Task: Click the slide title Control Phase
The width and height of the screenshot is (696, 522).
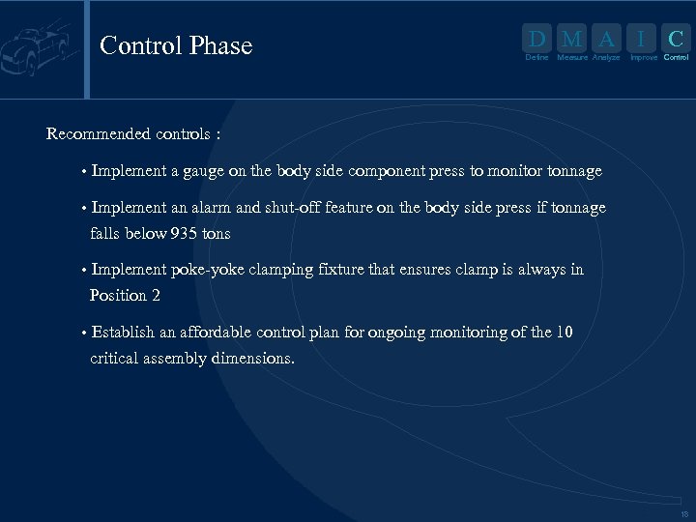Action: coord(176,45)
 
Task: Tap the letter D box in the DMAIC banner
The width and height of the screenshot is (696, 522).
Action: coord(536,40)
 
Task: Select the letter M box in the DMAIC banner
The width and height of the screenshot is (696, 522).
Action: coord(572,40)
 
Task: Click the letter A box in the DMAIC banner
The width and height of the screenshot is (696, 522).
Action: coord(606,40)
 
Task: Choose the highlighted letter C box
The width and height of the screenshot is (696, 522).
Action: coord(677,40)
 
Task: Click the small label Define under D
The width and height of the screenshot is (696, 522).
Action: coord(536,58)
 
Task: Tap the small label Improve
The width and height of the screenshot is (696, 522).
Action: coord(643,58)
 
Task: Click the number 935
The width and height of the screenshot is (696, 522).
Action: coord(185,234)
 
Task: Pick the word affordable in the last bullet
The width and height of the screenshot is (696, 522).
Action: coord(207,333)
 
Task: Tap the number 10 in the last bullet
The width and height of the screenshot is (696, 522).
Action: coord(564,333)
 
